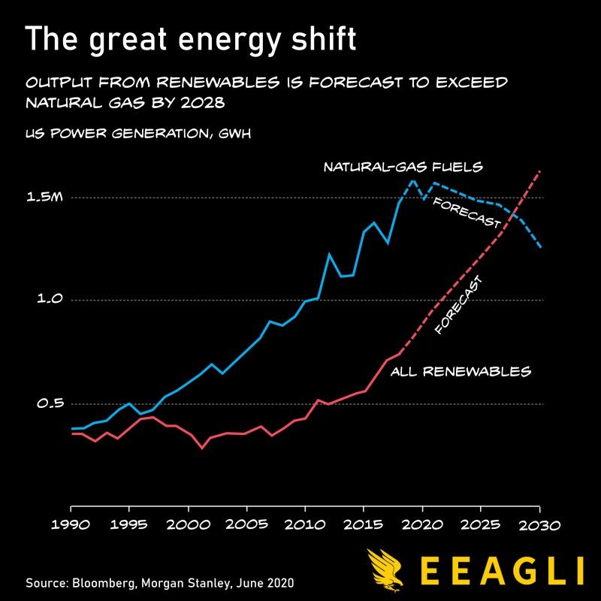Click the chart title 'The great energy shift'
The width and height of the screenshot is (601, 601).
coord(191,39)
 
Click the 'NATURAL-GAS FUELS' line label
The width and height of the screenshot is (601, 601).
coord(403,167)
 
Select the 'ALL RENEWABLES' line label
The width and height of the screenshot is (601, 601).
coord(461,371)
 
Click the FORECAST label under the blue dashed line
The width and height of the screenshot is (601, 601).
coord(467,214)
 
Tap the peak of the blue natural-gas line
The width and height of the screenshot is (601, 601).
coord(412,180)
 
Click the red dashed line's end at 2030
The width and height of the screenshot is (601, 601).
coord(540,172)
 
